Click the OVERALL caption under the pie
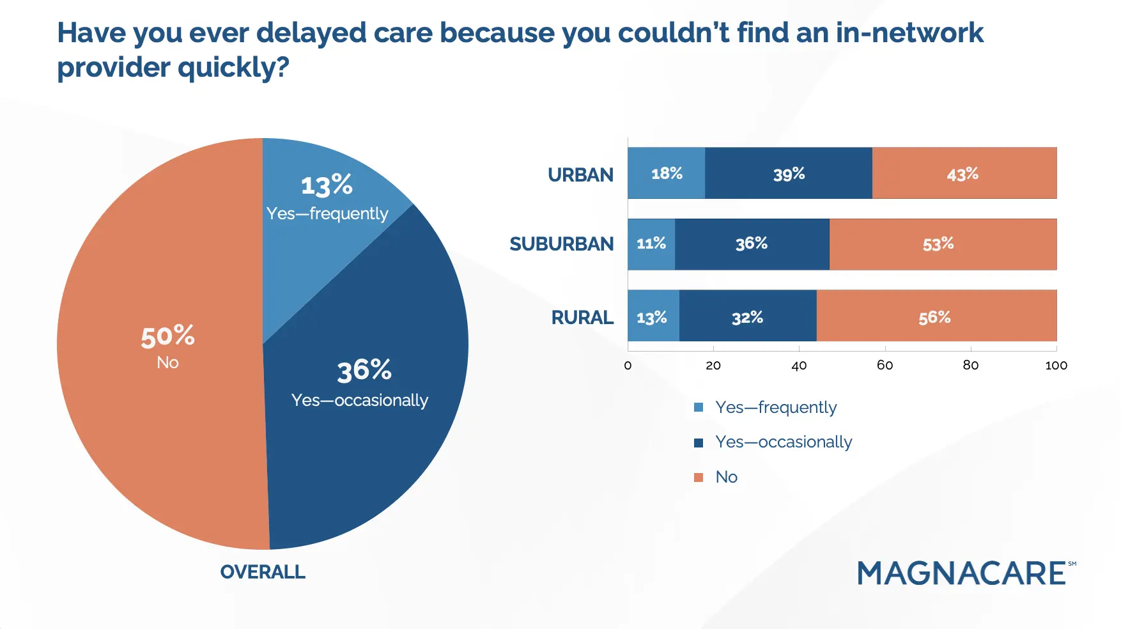point(263,571)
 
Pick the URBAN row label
point(580,175)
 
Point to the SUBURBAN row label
point(561,244)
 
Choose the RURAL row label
point(582,317)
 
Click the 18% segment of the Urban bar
point(667,173)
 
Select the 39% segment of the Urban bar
point(789,173)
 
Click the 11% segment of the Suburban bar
point(651,244)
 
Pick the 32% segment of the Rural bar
point(748,316)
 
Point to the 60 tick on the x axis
point(885,365)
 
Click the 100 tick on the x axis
point(1056,365)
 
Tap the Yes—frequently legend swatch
point(699,407)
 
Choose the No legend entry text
point(727,477)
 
